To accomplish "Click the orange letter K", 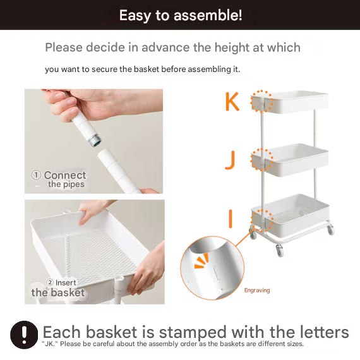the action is click(x=232, y=102).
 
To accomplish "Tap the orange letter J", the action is click(x=231, y=160).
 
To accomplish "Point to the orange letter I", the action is click(x=231, y=219).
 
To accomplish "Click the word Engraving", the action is click(x=257, y=291).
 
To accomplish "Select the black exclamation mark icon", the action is click(x=24, y=335).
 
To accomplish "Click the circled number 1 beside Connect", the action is click(x=36, y=175).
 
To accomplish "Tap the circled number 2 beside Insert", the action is click(x=50, y=282).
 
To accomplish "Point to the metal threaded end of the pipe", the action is click(x=95, y=140).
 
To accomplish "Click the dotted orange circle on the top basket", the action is click(x=261, y=101).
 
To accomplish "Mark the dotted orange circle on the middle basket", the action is click(x=261, y=160).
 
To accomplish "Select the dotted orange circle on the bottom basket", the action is click(x=261, y=220).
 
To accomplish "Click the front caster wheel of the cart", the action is click(x=280, y=250).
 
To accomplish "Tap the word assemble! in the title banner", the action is click(x=208, y=16).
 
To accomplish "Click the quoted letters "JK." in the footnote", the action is click(x=49, y=344).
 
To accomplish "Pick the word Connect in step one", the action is click(x=65, y=176).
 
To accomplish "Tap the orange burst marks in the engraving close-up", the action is click(x=201, y=261).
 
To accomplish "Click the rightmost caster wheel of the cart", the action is click(x=330, y=230).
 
